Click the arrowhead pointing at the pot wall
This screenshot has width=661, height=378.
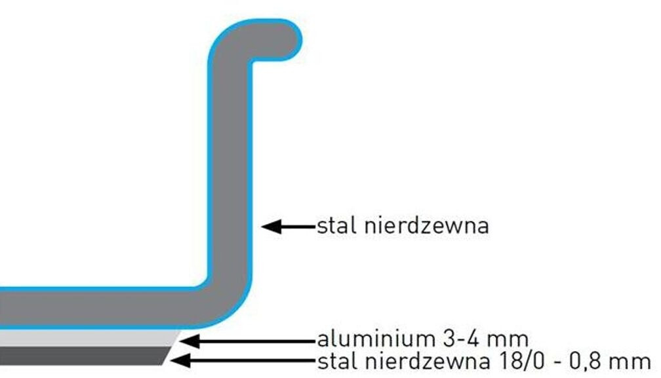pos(271,227)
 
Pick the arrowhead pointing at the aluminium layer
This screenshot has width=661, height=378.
pos(189,341)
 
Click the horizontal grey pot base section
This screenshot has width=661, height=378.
pos(98,308)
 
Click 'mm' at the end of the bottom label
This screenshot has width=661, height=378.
pos(633,361)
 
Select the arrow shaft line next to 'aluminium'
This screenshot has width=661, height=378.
pos(256,341)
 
